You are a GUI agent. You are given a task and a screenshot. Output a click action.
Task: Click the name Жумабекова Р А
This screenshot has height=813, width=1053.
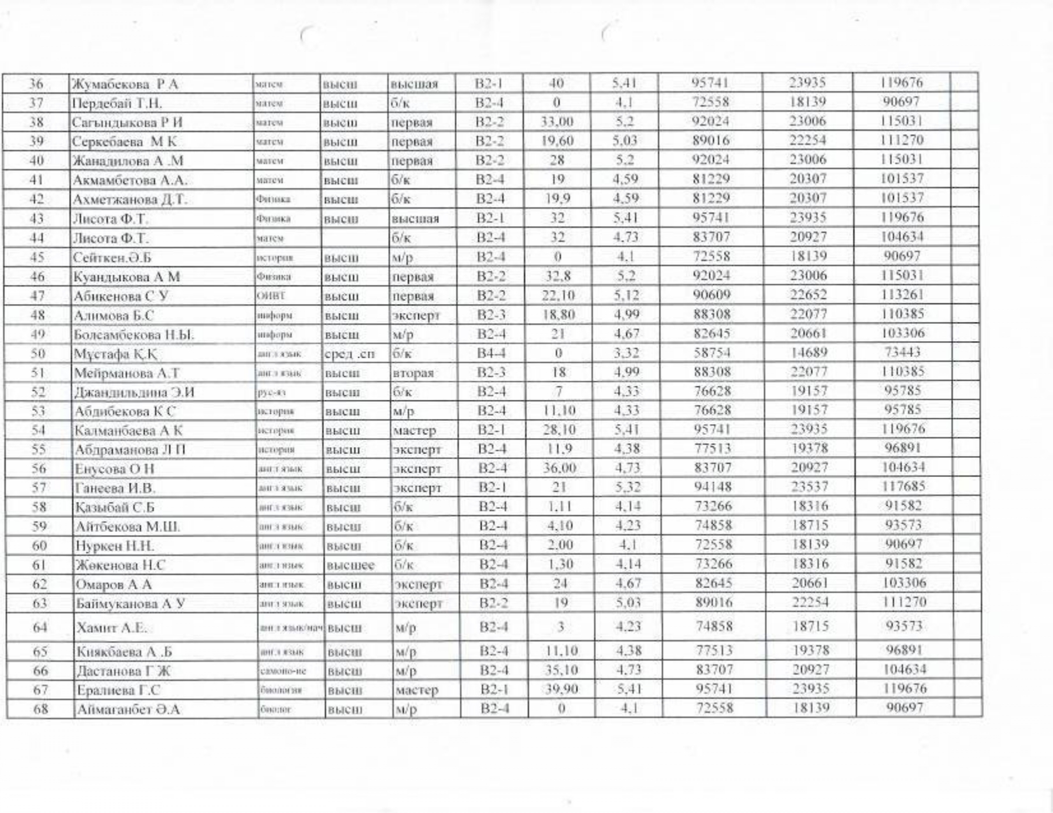[x=126, y=84]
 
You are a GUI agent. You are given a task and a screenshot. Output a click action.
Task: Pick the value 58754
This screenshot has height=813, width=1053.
[x=712, y=353]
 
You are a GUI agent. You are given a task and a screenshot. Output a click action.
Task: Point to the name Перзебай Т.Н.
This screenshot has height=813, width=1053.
[x=118, y=103]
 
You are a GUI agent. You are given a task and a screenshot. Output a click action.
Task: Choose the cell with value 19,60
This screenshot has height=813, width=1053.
[x=556, y=141]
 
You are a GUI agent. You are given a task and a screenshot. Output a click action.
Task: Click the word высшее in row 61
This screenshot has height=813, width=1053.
[x=350, y=565]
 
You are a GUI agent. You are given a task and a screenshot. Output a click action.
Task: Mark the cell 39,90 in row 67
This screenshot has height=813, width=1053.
[x=557, y=690]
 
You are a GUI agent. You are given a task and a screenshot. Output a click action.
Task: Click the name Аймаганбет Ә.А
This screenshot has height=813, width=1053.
[x=128, y=709]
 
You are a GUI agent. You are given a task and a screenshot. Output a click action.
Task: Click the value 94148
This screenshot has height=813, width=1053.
[x=712, y=487]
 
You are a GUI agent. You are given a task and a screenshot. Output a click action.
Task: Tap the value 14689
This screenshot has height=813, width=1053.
[x=807, y=353]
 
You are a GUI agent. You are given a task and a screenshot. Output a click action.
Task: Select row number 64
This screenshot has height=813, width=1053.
[x=40, y=628]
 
